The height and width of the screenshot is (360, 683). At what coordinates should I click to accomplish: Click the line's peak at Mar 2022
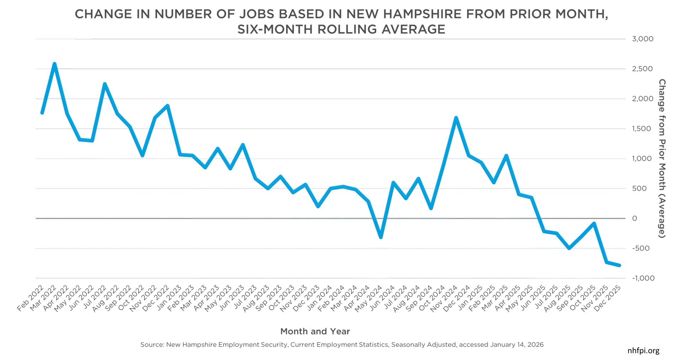pos(54,64)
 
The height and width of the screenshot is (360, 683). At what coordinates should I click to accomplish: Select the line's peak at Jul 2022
pos(105,84)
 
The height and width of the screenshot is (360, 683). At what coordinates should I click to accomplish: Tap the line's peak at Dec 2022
pos(167,106)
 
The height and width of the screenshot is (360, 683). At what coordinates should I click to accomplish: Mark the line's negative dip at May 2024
pos(381,237)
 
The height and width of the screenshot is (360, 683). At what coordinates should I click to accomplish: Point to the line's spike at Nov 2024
pos(456,118)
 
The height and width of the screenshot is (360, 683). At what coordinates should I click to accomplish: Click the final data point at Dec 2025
pos(619,265)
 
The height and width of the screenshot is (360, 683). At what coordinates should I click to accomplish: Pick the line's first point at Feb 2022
pos(42,113)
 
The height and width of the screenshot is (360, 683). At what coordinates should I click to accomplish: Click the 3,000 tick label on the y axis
pos(642,39)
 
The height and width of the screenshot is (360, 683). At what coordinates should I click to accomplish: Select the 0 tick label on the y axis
pos(635,218)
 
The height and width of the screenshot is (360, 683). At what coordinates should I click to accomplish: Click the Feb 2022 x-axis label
pos(30,298)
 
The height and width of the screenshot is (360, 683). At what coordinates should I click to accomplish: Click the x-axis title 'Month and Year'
pos(315,332)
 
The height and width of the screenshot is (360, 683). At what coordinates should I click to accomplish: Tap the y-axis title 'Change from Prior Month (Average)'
pos(662,158)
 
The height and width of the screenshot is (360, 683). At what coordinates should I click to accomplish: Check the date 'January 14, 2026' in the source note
pos(517,345)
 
